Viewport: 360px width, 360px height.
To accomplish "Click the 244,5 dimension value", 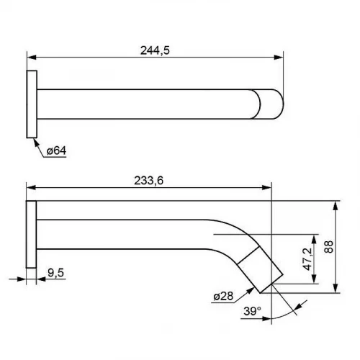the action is coord(155,50).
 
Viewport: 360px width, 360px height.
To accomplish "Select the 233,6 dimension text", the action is coord(148,181).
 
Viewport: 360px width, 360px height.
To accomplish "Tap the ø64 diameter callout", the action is coord(56,150).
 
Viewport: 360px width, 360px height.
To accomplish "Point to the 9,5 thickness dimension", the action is coord(55,273).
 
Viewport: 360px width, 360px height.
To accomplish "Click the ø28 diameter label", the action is coord(223,296).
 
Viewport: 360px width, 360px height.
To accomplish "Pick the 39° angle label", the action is coord(252,311).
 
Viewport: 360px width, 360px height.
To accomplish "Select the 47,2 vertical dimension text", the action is coord(307,259).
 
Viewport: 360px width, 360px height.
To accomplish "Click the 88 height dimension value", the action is coord(328,246).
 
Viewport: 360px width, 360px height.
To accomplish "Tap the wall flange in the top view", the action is coord(32,104).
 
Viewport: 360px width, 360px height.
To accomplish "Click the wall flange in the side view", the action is coord(31,234).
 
